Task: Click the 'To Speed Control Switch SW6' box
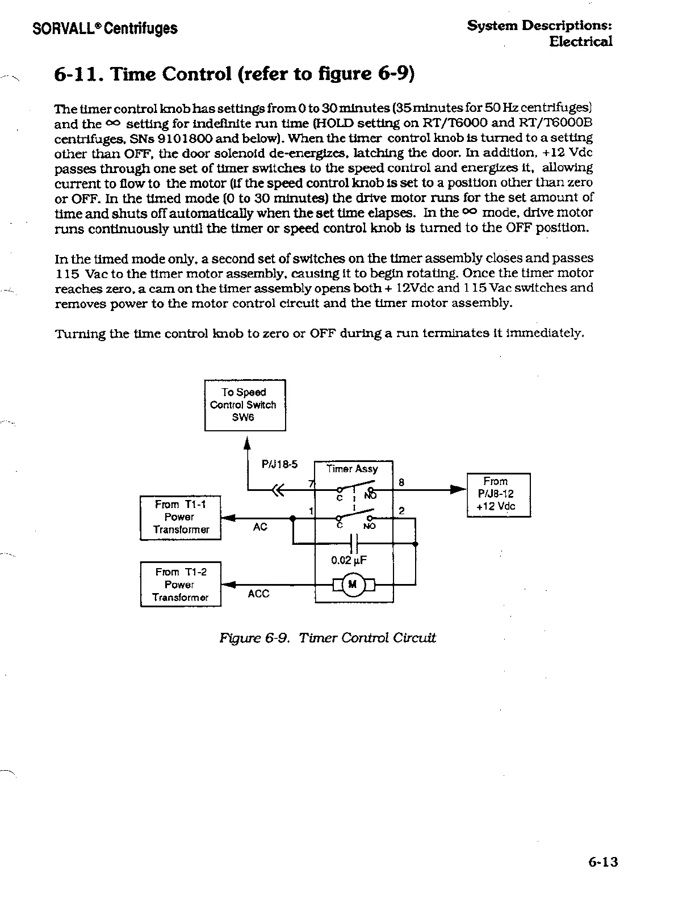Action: click(x=245, y=405)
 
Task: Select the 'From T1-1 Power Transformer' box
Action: click(x=181, y=518)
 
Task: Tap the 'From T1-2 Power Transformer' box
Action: click(x=181, y=585)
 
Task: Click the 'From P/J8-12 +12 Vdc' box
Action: click(x=499, y=494)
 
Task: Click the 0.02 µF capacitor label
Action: click(x=349, y=561)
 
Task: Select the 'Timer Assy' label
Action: click(x=353, y=469)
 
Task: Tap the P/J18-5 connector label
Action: click(x=279, y=464)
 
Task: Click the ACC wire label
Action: click(x=258, y=594)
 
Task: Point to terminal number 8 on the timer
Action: click(x=401, y=482)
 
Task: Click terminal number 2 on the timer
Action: click(x=401, y=511)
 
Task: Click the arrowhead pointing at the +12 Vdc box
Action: click(x=458, y=489)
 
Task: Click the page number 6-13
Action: click(x=602, y=863)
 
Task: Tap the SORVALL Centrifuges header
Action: click(x=105, y=28)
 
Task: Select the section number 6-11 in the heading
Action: click(x=79, y=74)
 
